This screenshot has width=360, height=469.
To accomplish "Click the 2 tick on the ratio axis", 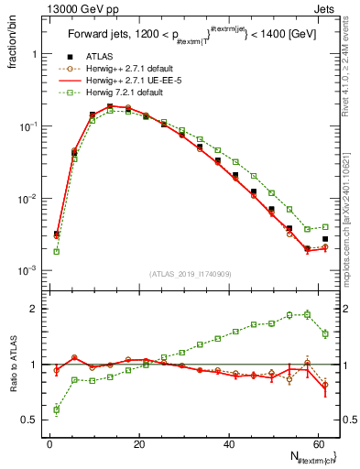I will click(34, 309).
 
